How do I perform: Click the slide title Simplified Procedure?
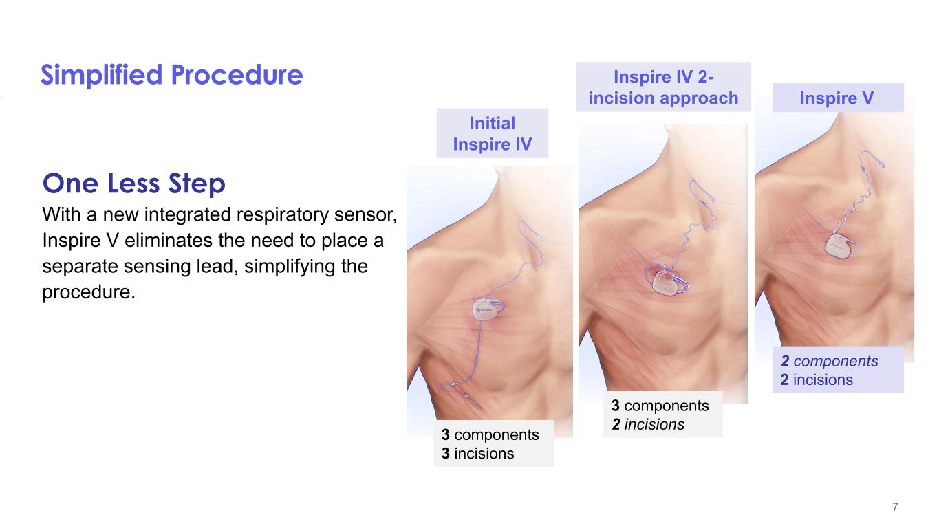point(171,75)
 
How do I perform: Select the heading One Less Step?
point(133,184)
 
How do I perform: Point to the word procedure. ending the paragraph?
point(89,292)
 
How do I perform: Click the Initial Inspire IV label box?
point(492,133)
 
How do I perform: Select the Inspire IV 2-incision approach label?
point(663,87)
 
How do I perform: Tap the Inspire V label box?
point(838,98)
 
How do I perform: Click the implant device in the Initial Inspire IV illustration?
point(486,309)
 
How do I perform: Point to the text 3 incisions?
point(477,454)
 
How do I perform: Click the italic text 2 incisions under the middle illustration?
point(648,424)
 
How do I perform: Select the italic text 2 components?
point(829,361)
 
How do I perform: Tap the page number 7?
point(895,507)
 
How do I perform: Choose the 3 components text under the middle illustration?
point(660,406)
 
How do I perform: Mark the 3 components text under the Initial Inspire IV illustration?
point(490,435)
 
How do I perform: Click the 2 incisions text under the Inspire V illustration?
point(817,379)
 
